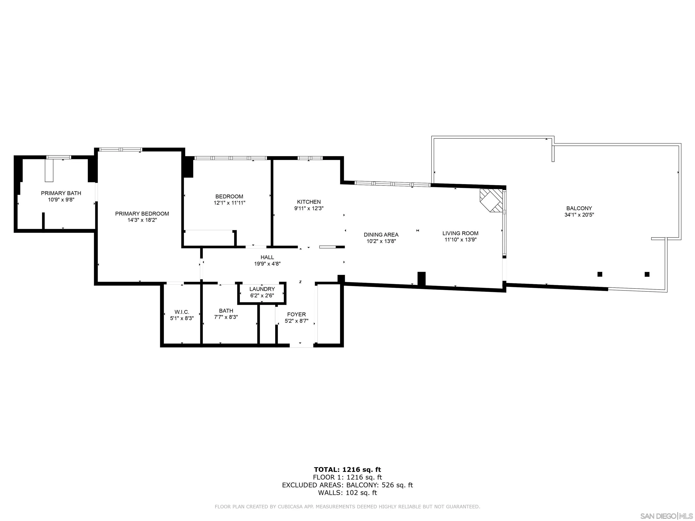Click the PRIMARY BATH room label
[x=61, y=193]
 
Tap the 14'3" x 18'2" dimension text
[x=142, y=220]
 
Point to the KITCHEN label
[x=309, y=202]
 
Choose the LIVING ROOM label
[x=460, y=233]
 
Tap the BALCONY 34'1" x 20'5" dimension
[x=579, y=215]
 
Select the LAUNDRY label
[x=262, y=289]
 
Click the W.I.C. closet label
[x=182, y=312]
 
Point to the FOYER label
[x=296, y=314]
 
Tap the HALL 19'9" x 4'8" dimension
[x=267, y=264]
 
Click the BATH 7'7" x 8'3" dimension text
[x=226, y=317]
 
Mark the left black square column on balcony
[x=600, y=274]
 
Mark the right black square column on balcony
[x=647, y=274]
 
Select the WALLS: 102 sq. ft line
[x=347, y=493]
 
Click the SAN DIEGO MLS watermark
[x=666, y=516]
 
